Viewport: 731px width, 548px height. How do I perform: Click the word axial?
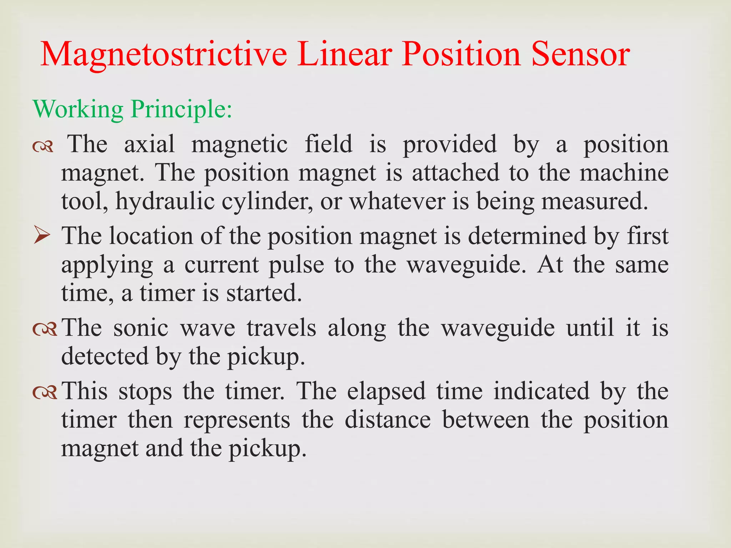pyautogui.click(x=149, y=144)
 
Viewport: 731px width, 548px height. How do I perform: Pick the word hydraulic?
pyautogui.click(x=165, y=202)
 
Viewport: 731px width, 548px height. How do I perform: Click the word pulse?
pyautogui.click(x=296, y=265)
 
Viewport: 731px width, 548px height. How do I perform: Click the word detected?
pyautogui.click(x=104, y=356)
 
